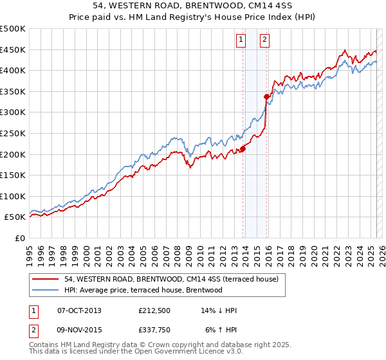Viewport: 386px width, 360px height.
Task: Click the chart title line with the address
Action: [x=193, y=6]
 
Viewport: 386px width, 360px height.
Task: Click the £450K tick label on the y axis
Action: [x=13, y=50]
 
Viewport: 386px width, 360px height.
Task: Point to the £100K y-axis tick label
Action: [x=13, y=196]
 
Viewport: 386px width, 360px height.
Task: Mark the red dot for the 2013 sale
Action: [x=243, y=149]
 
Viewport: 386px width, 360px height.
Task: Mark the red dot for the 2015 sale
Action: [x=266, y=97]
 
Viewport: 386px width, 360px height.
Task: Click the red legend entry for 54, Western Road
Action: [x=171, y=279]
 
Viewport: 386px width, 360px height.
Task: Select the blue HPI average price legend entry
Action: [x=143, y=290]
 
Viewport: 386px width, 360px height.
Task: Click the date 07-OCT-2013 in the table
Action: [x=79, y=310]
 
